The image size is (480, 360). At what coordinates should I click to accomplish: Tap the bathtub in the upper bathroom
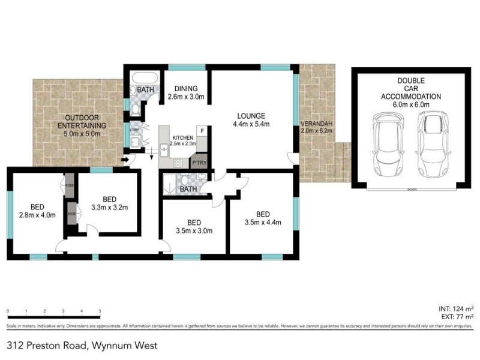[x=145, y=78]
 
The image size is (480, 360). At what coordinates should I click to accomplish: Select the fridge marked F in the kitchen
[x=202, y=131]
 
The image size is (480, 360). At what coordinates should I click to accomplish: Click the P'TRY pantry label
[x=198, y=162]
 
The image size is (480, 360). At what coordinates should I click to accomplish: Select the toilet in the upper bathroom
[x=136, y=108]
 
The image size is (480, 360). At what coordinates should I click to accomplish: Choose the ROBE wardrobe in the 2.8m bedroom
[x=70, y=181]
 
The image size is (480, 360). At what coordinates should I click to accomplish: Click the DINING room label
[x=186, y=88]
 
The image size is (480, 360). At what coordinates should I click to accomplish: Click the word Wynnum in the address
[x=110, y=346]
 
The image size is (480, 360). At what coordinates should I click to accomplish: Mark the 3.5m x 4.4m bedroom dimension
[x=263, y=223]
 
